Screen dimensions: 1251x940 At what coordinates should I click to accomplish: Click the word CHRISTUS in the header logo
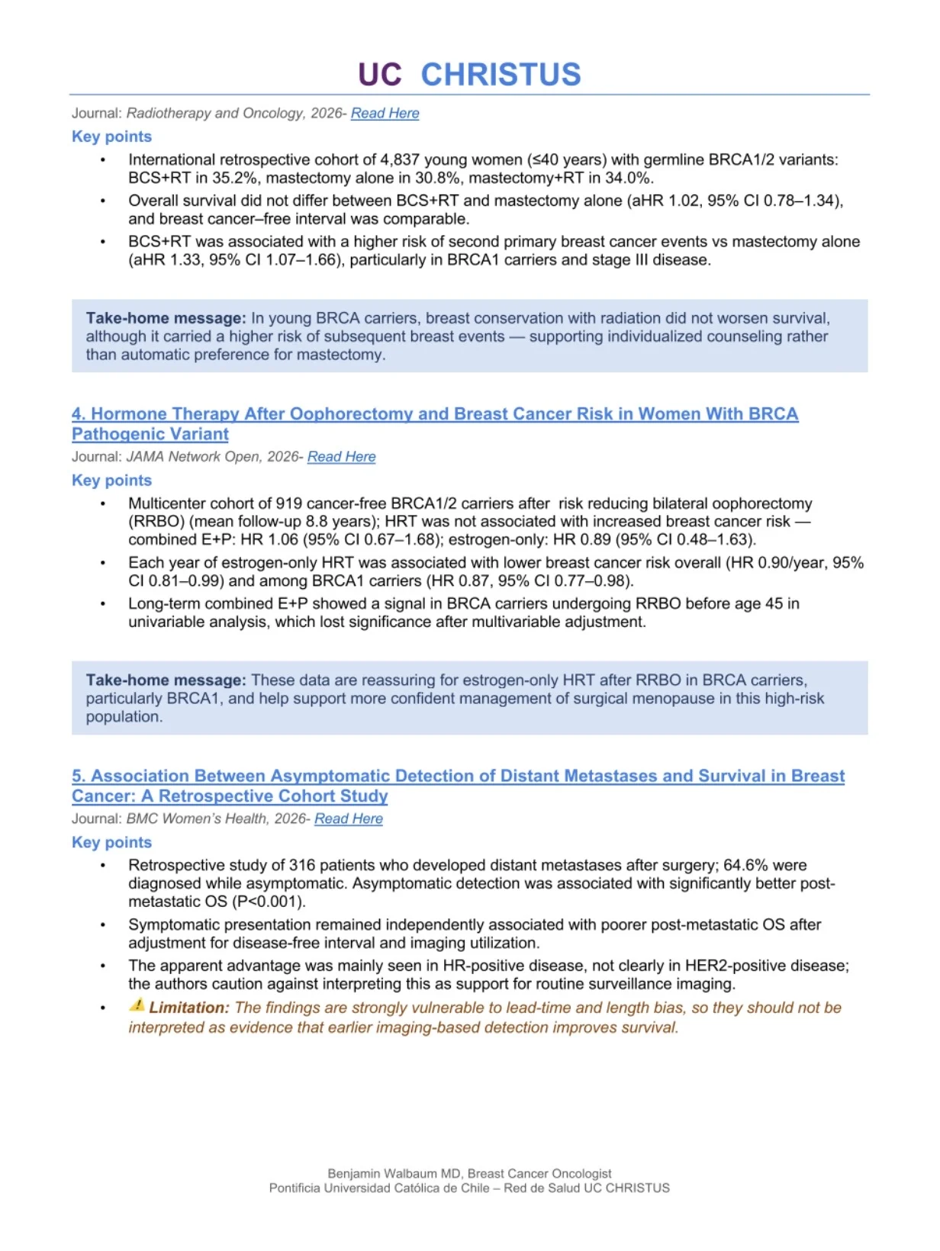pyautogui.click(x=501, y=75)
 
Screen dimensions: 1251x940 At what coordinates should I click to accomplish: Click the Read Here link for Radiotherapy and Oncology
pyautogui.click(x=385, y=114)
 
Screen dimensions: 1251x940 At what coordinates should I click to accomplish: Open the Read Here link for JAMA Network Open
pyautogui.click(x=341, y=457)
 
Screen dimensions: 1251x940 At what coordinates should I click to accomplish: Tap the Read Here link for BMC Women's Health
pyautogui.click(x=348, y=818)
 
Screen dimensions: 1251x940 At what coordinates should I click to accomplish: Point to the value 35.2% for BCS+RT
pyautogui.click(x=233, y=178)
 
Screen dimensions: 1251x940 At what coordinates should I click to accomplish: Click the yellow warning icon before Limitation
pyautogui.click(x=137, y=1005)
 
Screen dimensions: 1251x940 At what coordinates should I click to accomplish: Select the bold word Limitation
pyautogui.click(x=188, y=1008)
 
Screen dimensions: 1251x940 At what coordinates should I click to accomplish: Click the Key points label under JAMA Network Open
pyautogui.click(x=111, y=481)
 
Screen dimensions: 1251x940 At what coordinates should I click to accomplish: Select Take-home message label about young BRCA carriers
pyautogui.click(x=166, y=319)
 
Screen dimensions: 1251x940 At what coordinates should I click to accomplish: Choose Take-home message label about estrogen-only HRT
pyautogui.click(x=166, y=680)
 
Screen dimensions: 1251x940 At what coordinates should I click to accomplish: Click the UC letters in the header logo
pyautogui.click(x=379, y=75)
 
